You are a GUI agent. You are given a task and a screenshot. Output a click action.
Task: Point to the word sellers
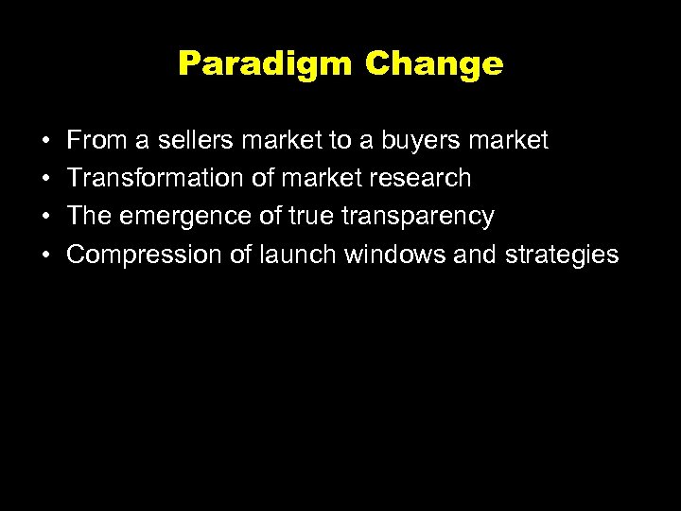193,141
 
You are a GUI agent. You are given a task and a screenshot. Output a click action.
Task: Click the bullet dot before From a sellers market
46,142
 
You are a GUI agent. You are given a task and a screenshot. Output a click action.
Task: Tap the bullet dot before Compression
46,255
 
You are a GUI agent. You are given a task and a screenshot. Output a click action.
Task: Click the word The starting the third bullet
90,217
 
